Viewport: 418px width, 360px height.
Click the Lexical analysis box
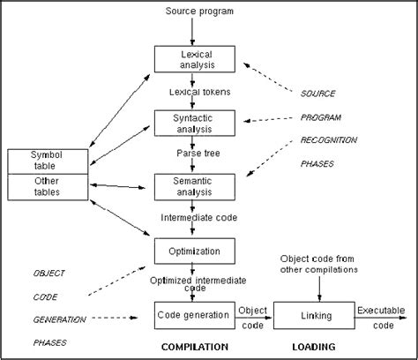click(x=196, y=58)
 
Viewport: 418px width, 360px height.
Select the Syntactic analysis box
click(x=196, y=122)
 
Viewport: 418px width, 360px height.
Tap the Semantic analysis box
click(x=196, y=186)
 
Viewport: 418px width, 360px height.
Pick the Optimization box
click(x=196, y=251)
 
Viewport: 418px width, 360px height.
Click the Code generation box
click(x=196, y=313)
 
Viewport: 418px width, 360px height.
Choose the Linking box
click(x=315, y=313)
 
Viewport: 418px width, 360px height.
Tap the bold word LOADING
click(x=315, y=347)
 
